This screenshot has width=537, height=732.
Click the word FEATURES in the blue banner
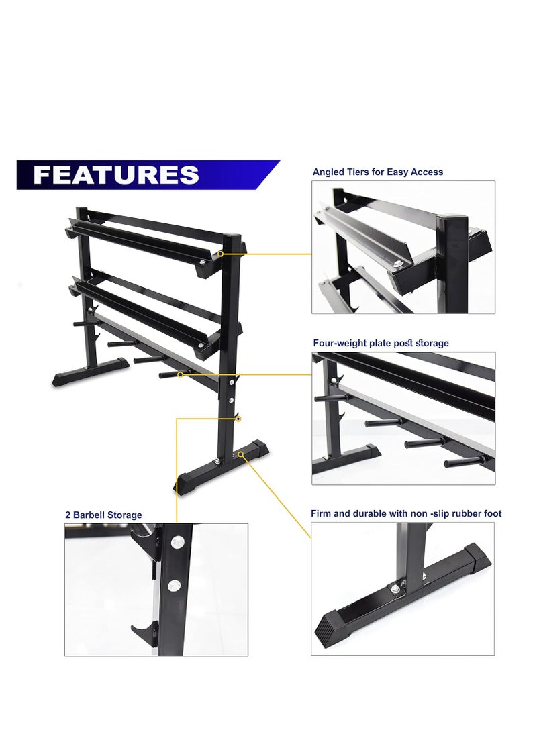coord(116,175)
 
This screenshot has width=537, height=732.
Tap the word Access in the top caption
coord(427,172)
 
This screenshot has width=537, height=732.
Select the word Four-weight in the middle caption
coord(340,343)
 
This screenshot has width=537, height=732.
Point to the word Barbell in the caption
coord(89,515)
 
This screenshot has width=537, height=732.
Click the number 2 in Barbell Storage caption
coord(68,515)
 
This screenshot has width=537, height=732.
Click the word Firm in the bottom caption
coord(321,513)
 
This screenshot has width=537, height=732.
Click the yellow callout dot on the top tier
coord(221,254)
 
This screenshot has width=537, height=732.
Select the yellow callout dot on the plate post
coord(181,374)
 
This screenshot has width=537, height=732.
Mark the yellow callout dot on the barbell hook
coord(238,419)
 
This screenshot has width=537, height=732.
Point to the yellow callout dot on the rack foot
coord(241,453)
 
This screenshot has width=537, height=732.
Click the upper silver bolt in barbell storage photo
coord(177,542)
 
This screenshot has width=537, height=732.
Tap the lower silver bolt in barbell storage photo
coord(174,585)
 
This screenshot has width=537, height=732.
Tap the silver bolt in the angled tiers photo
coord(398,264)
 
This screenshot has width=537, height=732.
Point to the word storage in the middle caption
coord(432,343)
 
